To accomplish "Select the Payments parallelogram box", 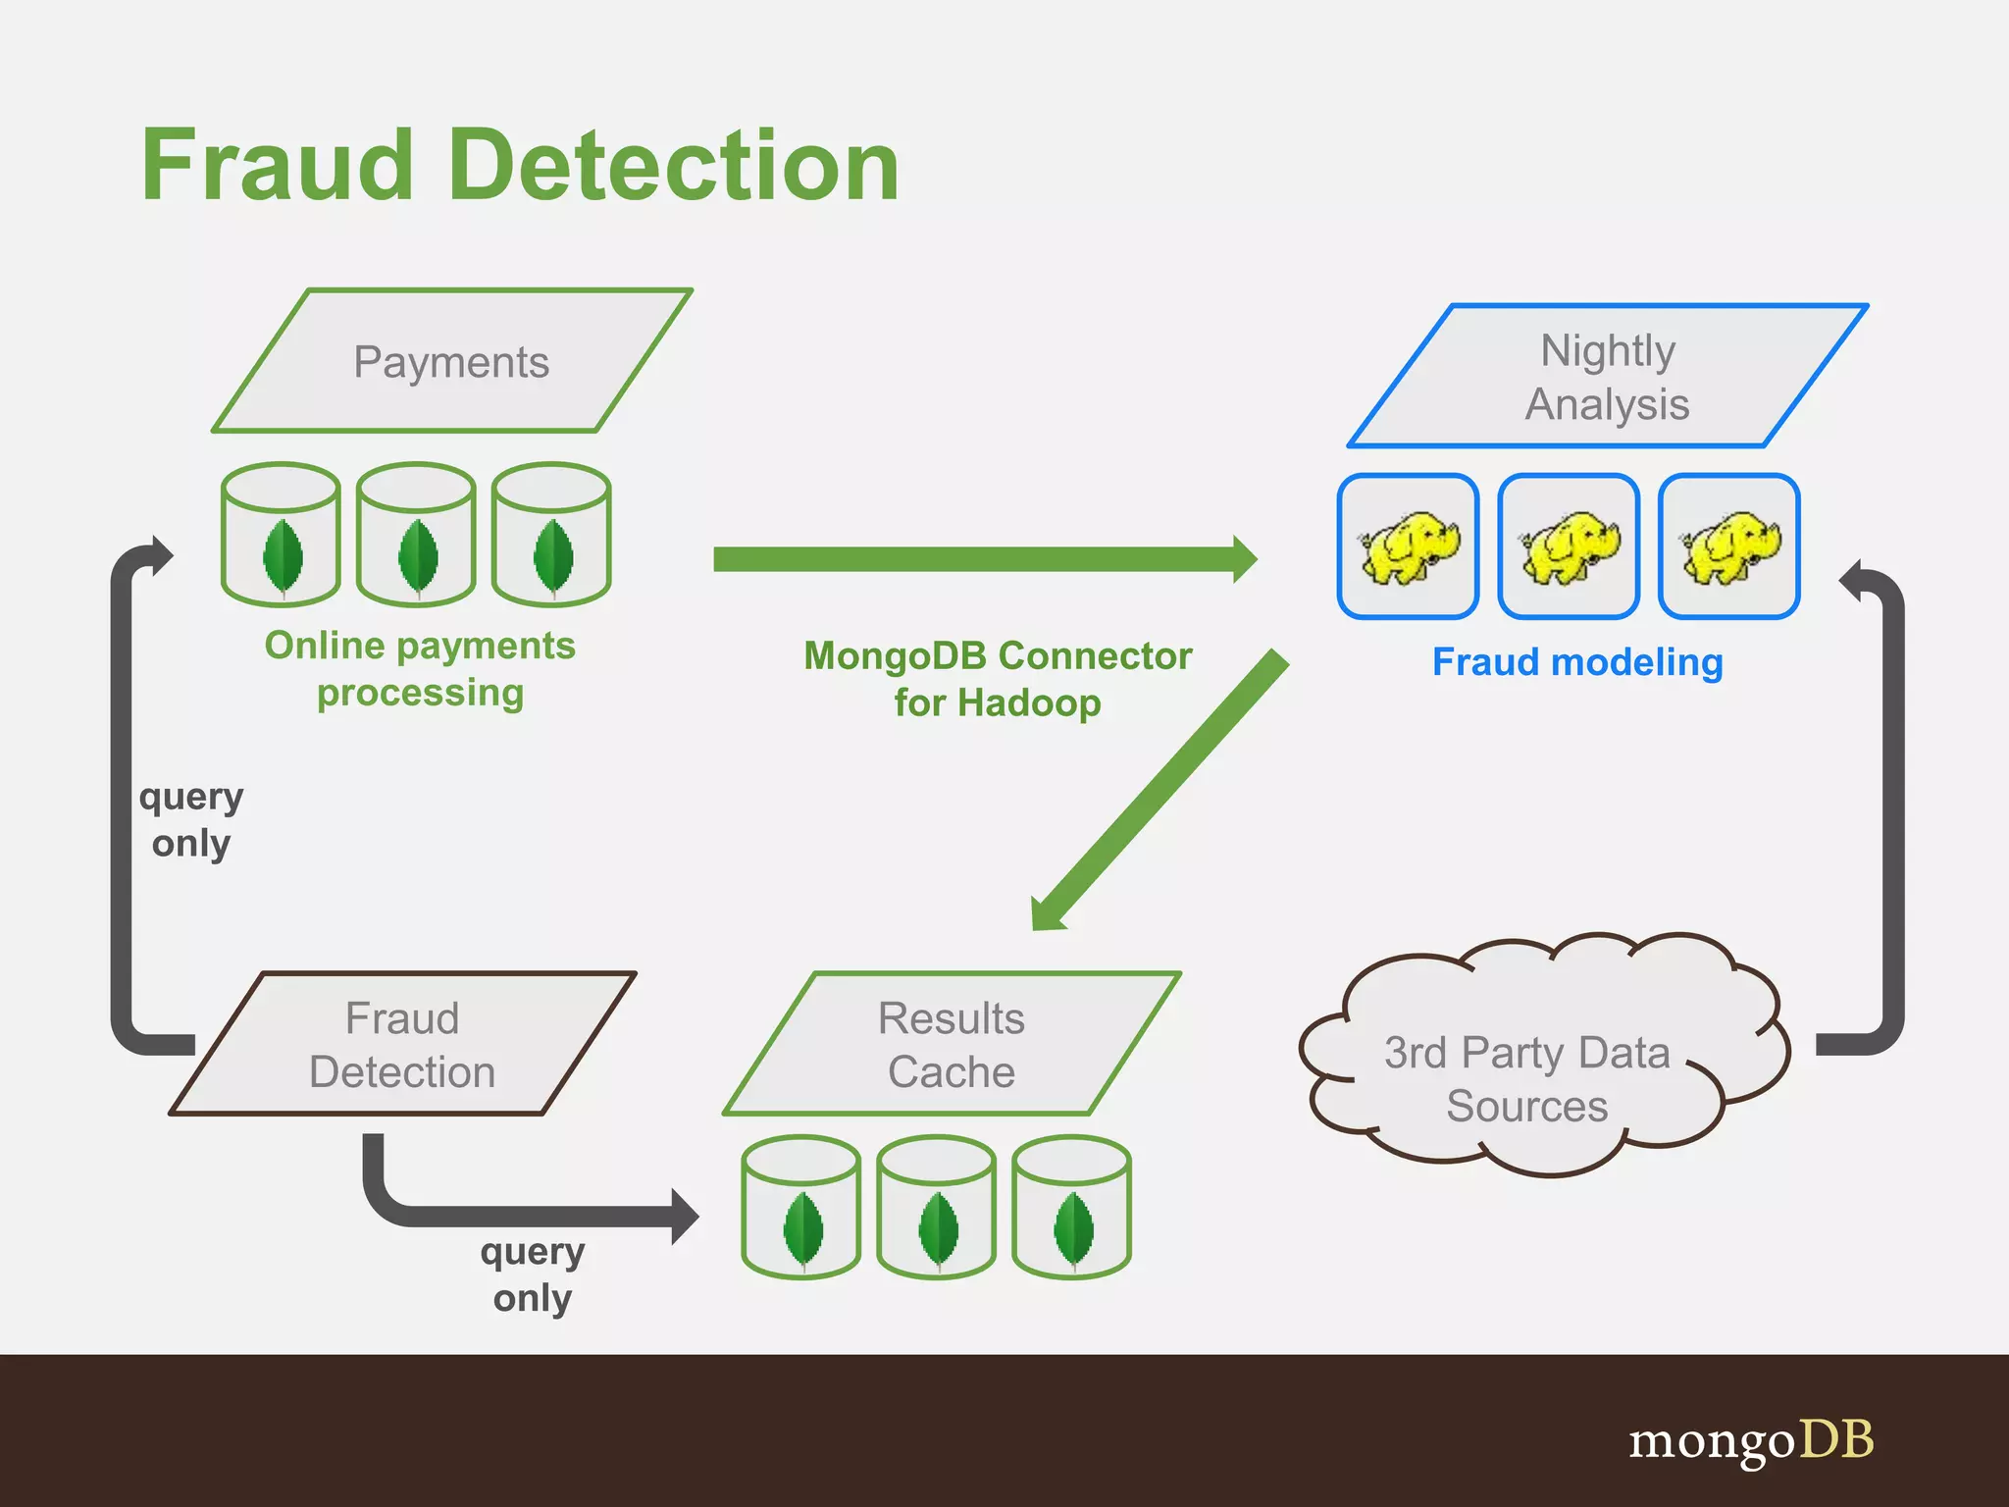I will tap(452, 362).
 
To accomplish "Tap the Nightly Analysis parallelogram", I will tap(1608, 377).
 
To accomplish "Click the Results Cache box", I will tap(952, 1044).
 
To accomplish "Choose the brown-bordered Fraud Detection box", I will tap(402, 1044).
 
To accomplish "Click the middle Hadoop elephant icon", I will tap(1569, 546).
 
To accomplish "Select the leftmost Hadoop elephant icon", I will tap(1409, 546).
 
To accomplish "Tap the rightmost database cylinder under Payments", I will tap(551, 535).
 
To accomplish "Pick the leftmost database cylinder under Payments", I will tap(282, 535).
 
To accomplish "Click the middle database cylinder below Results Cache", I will tap(937, 1208).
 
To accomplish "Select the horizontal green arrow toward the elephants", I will tap(981, 559).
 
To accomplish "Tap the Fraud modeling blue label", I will tap(1577, 662).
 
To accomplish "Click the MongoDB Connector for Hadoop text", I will tap(998, 679).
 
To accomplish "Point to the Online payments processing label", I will tap(420, 669).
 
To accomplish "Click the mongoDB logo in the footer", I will tap(1751, 1441).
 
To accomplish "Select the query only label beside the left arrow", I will tap(191, 820).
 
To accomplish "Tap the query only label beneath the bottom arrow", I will tap(533, 1274).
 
